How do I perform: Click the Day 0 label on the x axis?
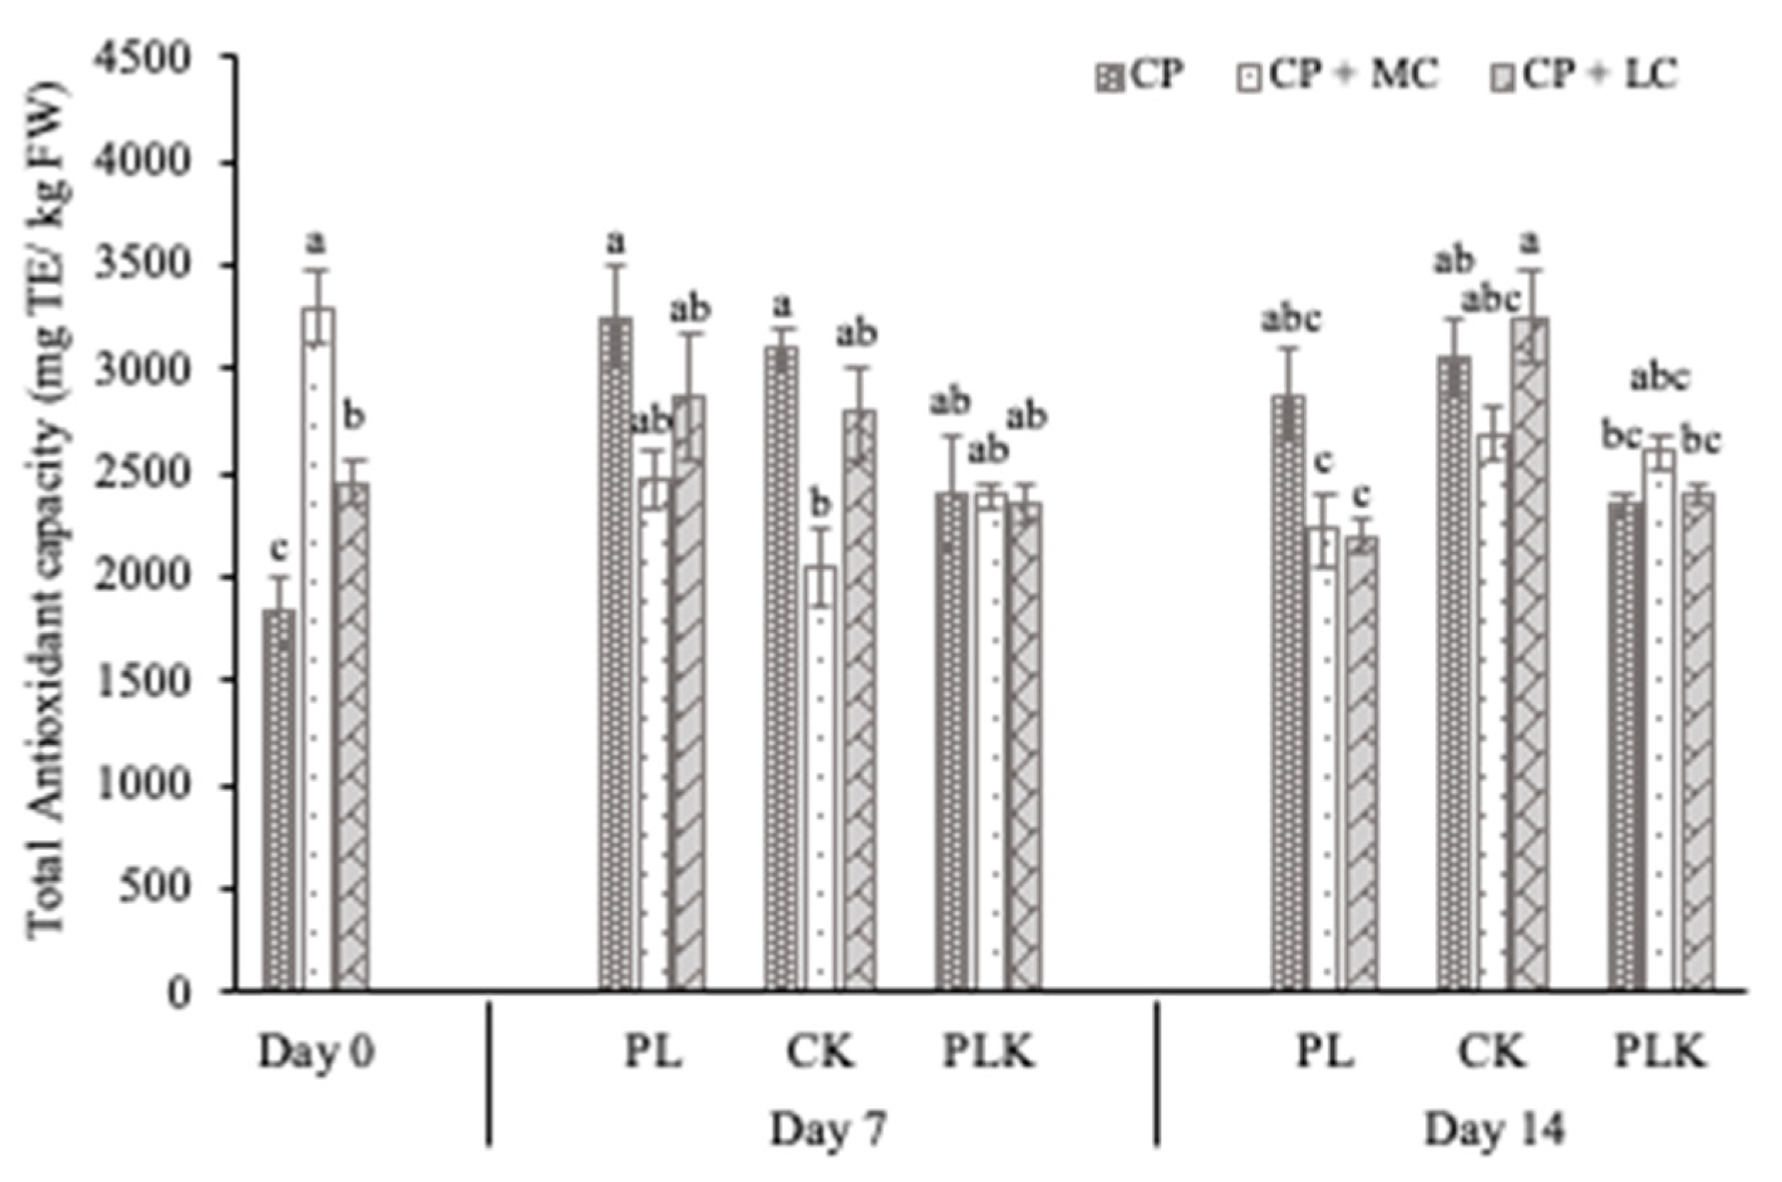click(316, 1053)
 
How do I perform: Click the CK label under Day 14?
click(1492, 1053)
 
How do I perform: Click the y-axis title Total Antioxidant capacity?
click(49, 520)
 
